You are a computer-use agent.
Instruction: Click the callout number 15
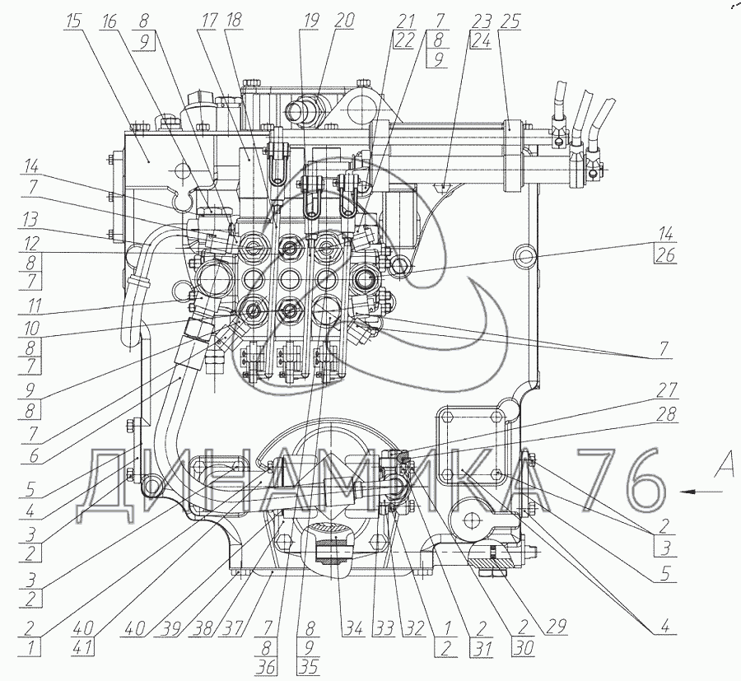(x=74, y=21)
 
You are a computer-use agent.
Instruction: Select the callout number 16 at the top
(x=110, y=21)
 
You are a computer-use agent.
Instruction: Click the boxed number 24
(x=481, y=40)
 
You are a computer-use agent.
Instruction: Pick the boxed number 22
(x=403, y=40)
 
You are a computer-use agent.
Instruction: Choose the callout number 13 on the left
(x=31, y=221)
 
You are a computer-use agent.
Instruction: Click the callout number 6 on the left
(x=33, y=456)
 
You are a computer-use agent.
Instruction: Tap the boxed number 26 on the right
(x=665, y=255)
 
